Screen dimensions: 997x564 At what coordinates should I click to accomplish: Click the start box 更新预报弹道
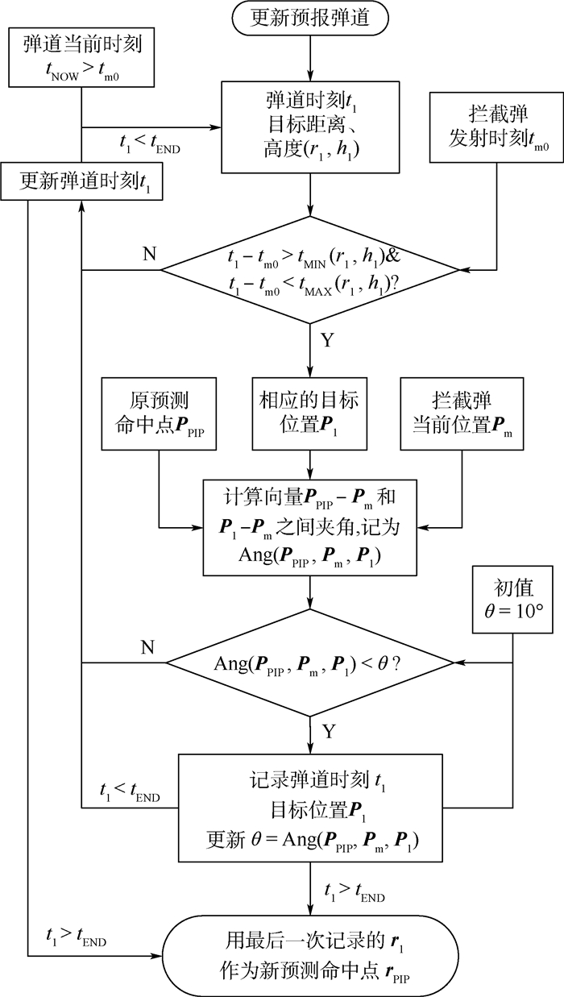pos(310,18)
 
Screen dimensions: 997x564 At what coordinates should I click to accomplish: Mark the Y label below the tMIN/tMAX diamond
pos(327,339)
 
